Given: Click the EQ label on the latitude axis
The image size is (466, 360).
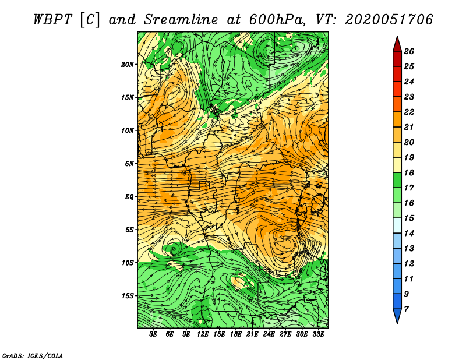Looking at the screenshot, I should point(129,196).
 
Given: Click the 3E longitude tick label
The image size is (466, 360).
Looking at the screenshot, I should point(154,334).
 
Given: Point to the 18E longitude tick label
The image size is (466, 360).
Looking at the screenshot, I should point(236,334).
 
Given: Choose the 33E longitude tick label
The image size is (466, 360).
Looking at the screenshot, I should point(318,334).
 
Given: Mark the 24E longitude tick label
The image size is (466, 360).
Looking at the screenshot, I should point(269,334).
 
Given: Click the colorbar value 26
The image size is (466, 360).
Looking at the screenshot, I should point(408,51).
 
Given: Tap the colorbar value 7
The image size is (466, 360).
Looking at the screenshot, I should point(407,309).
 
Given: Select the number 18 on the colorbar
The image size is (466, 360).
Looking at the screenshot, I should point(408,173).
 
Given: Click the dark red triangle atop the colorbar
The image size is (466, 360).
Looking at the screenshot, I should point(397,43).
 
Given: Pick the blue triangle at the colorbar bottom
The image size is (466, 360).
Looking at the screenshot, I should point(397,316).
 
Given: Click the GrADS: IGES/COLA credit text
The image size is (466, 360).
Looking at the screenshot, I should point(32,355).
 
